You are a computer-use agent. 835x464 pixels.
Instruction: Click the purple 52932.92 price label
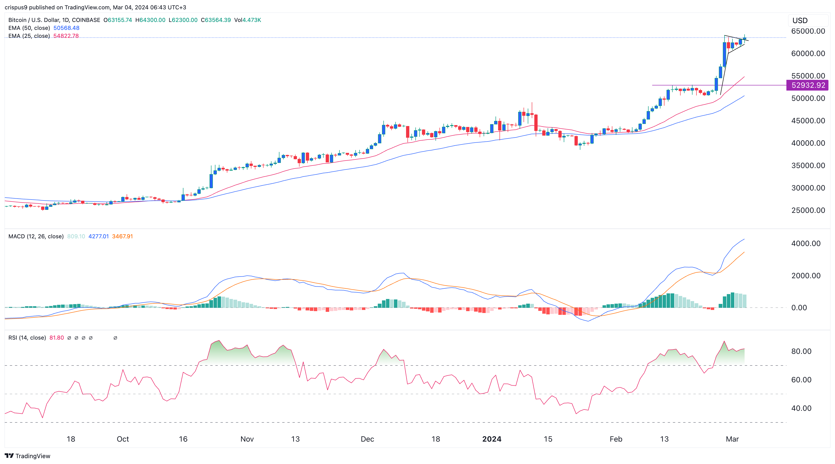[x=808, y=85]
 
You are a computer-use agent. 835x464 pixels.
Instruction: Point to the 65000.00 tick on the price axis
[x=808, y=31]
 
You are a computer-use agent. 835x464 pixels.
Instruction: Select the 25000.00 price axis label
[x=808, y=210]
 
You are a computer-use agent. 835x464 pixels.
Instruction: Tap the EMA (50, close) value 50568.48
[x=66, y=28]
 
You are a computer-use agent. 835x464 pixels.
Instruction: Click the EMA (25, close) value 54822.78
[x=66, y=36]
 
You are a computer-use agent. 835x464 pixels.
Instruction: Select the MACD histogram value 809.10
[x=76, y=236]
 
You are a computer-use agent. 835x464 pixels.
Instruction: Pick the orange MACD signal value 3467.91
[x=122, y=236]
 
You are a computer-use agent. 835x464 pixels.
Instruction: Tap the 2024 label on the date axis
[x=491, y=439]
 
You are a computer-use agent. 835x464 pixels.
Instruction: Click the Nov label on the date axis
[x=247, y=439]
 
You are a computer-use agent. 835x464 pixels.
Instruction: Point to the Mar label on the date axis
[x=732, y=439]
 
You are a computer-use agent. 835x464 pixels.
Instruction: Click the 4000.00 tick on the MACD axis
[x=806, y=243]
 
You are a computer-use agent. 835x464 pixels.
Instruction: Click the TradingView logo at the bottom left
[x=28, y=456]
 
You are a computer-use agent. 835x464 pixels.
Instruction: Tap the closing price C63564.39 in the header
[x=216, y=20]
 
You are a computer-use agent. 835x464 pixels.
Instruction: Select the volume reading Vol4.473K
[x=247, y=20]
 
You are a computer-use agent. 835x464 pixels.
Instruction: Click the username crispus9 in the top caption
[x=16, y=7]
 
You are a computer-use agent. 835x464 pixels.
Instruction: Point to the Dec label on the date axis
[x=367, y=439]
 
